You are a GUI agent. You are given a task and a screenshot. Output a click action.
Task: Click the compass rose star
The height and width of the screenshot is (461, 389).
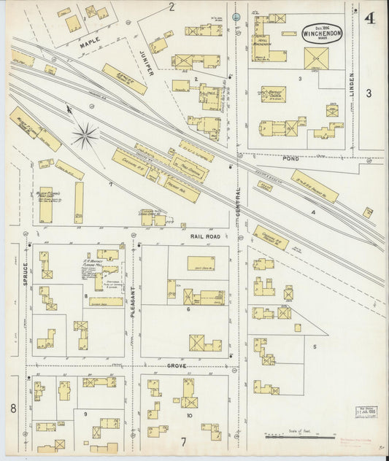point(85,135)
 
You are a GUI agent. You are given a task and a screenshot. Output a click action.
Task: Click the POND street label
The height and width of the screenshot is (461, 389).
point(292,158)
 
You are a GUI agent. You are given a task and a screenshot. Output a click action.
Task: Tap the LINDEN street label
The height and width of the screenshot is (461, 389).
point(351,85)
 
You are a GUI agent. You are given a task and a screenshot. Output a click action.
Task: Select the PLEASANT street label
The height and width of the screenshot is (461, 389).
point(133,301)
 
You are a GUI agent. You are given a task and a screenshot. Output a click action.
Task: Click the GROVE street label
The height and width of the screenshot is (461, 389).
point(177,365)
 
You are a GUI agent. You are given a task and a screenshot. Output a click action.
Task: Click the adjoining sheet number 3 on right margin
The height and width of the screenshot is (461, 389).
point(369,93)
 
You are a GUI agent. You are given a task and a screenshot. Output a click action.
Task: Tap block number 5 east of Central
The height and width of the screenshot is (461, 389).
point(315,346)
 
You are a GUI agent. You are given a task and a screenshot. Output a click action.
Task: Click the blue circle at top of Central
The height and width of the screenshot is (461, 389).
point(236,16)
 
